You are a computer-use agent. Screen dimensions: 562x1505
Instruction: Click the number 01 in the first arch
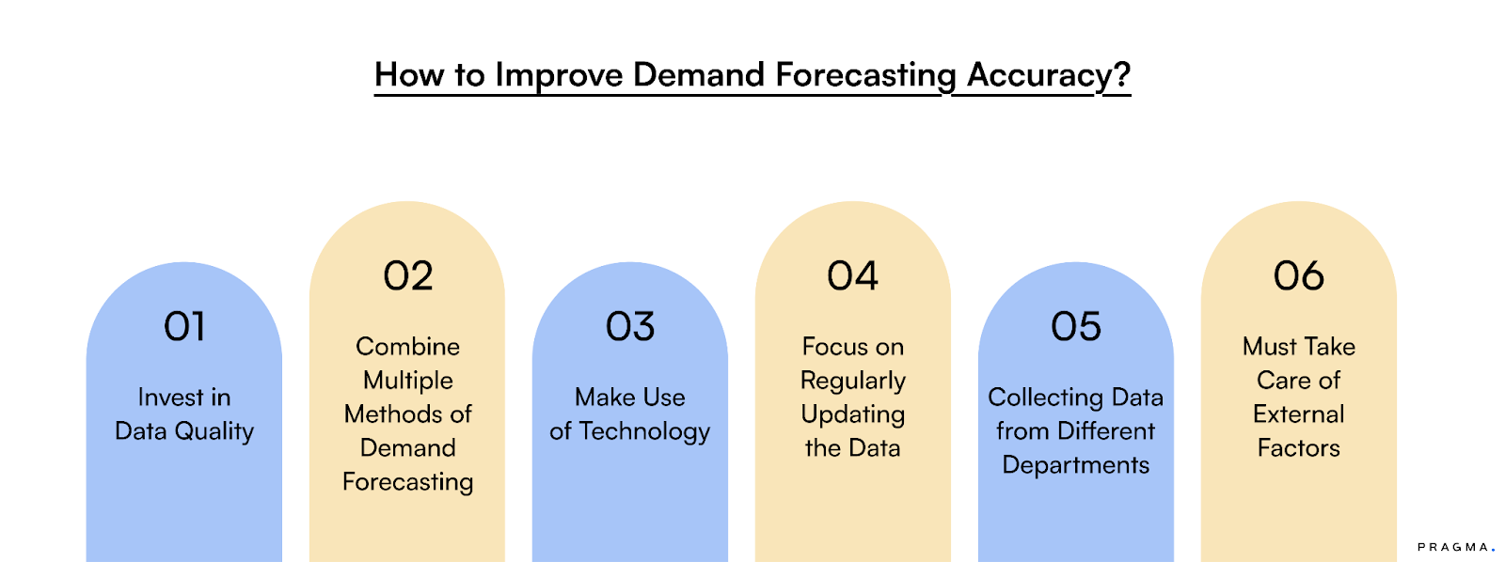point(184,327)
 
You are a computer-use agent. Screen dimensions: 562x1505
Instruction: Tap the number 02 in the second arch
point(407,276)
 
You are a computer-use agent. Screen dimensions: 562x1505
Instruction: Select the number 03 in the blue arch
point(629,327)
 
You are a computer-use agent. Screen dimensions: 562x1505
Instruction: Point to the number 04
point(852,276)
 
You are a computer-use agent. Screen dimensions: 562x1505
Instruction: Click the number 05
point(1075,327)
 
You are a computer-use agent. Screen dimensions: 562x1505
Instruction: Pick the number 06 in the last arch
point(1298,276)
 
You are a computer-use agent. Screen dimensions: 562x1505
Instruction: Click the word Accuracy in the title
point(1039,75)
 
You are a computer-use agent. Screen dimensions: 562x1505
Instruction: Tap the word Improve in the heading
point(559,75)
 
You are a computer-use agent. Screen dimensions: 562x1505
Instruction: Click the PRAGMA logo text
point(1453,547)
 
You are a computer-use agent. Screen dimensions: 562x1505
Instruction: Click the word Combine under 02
point(407,347)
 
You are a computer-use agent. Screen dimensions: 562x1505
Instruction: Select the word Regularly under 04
point(852,381)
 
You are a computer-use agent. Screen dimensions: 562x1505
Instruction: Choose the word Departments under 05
point(1075,465)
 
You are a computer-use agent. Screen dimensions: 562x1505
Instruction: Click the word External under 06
point(1298,414)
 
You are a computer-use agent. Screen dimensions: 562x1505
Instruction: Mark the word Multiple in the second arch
point(407,381)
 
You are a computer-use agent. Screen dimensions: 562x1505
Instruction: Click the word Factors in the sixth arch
point(1298,448)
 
